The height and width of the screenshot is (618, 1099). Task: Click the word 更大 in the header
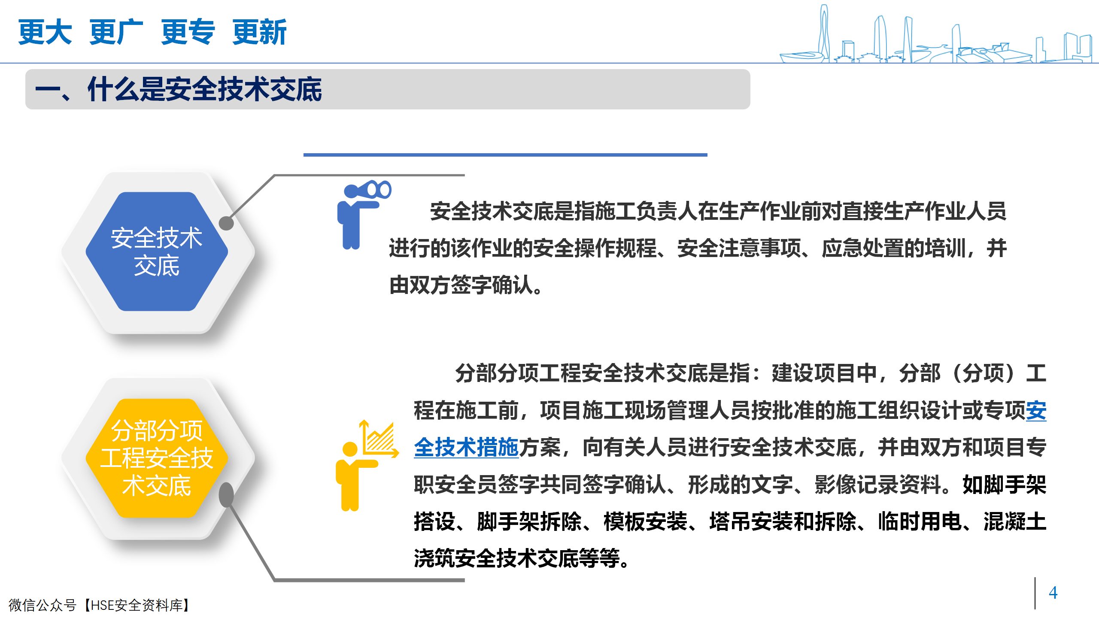[45, 32]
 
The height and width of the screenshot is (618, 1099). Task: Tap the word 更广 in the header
[116, 32]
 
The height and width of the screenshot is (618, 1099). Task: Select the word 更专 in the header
[188, 32]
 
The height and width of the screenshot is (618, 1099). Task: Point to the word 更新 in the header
[259, 32]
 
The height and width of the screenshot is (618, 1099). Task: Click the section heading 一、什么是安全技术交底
[178, 89]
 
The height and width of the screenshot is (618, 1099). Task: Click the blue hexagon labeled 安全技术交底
[157, 251]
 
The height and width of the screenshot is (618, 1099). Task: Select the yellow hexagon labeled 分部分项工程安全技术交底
[157, 458]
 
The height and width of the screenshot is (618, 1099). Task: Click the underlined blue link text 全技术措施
[467, 448]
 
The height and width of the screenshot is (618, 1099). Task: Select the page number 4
[1053, 593]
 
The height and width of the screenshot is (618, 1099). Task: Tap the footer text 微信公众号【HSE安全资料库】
[100, 605]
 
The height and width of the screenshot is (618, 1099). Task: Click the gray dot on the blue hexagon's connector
[226, 223]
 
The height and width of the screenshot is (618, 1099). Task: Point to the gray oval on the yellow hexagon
[226, 495]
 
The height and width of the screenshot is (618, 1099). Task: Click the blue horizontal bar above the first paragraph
[505, 155]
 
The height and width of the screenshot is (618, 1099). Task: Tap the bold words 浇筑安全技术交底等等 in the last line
[517, 558]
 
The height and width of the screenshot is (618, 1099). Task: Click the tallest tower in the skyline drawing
[823, 32]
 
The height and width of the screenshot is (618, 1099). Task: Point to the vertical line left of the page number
[1035, 593]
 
